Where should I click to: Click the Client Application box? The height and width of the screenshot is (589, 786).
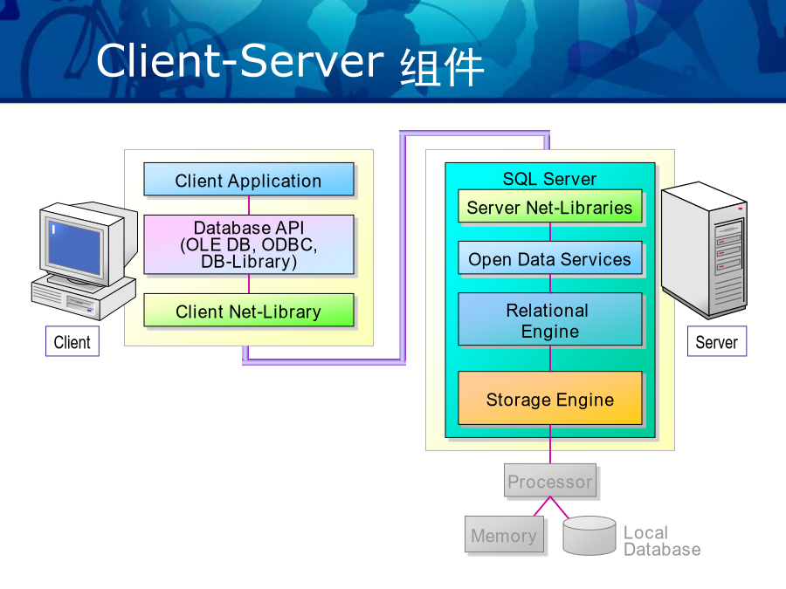click(x=249, y=179)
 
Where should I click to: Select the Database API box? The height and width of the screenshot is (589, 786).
click(x=249, y=244)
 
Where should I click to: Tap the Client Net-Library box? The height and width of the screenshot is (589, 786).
click(x=249, y=311)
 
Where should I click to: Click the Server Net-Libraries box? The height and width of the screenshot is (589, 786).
click(x=550, y=206)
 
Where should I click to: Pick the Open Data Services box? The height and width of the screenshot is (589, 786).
click(x=550, y=258)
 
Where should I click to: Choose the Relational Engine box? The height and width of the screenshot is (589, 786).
click(x=550, y=319)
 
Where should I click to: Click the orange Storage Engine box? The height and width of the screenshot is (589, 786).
click(x=550, y=398)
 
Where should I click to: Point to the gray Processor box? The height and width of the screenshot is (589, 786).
click(x=550, y=480)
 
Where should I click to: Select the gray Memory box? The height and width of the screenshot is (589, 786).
click(x=504, y=534)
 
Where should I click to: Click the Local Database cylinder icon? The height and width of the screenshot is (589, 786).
click(x=589, y=536)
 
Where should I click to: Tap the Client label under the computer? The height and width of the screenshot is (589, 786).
click(x=72, y=341)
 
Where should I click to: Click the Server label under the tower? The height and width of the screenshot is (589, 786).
click(x=717, y=341)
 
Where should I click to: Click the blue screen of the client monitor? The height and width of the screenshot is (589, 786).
click(x=75, y=248)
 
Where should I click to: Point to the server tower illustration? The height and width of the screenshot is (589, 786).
click(x=704, y=250)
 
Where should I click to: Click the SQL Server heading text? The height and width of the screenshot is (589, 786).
click(x=549, y=179)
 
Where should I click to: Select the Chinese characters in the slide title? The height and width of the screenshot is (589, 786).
click(x=442, y=67)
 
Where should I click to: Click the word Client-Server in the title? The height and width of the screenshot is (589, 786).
click(x=239, y=60)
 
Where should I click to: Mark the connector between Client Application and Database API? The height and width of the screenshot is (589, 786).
click(x=249, y=205)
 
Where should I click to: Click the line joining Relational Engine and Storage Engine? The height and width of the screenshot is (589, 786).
click(x=550, y=359)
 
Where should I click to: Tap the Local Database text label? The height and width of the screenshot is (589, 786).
click(x=662, y=541)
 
